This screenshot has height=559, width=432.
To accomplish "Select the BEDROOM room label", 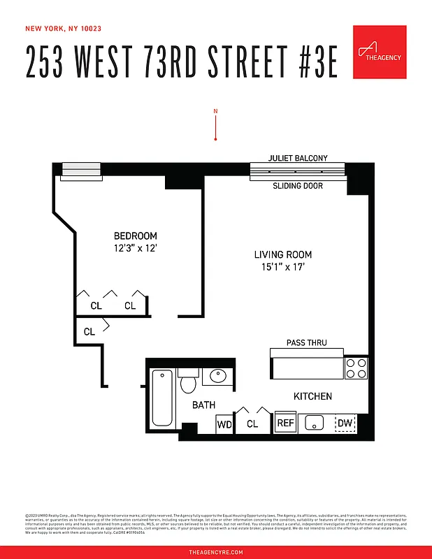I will [x=136, y=236].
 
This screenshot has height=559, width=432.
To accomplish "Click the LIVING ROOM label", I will [x=282, y=255].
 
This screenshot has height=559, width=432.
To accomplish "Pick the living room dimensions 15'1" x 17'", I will [x=282, y=267].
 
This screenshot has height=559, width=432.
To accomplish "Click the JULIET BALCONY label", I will [x=298, y=159].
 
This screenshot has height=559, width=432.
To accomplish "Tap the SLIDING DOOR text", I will [x=298, y=186].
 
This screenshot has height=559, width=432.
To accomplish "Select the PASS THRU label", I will [x=306, y=343].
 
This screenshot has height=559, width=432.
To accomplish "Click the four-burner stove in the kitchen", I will [x=356, y=368].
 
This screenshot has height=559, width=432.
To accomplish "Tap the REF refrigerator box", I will [x=286, y=423].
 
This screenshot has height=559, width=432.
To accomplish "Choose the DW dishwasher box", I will [x=345, y=423].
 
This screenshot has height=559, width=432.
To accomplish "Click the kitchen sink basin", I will [x=315, y=423].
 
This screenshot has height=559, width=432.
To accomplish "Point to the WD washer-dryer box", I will [x=224, y=423].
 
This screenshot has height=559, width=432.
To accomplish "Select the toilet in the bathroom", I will [x=188, y=382].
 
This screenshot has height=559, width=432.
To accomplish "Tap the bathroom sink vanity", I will [x=216, y=377].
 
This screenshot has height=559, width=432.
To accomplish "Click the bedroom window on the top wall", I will [x=82, y=170].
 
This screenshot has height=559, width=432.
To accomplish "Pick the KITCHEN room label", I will [x=312, y=396].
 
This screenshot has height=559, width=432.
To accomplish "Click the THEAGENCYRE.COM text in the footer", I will [x=216, y=552].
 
